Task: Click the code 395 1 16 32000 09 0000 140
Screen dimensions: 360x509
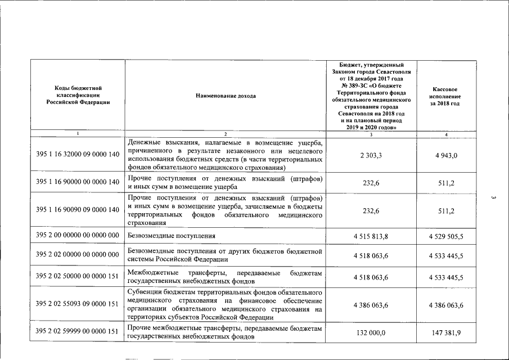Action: click(x=78, y=155)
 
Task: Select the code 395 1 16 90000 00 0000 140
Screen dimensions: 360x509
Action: click(x=78, y=182)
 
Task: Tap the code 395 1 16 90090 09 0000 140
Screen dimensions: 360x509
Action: click(x=78, y=210)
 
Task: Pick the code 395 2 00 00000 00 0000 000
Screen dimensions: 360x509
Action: click(x=78, y=236)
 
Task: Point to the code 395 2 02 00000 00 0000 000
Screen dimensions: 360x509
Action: click(x=78, y=255)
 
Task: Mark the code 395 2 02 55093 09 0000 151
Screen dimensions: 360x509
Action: click(x=78, y=304)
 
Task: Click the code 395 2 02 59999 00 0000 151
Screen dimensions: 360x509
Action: click(x=78, y=332)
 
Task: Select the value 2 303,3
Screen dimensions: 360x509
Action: click(x=371, y=155)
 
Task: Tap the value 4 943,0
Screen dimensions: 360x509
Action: click(x=446, y=155)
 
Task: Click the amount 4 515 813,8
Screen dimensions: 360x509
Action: click(x=371, y=236)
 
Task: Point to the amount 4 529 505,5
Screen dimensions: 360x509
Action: click(x=446, y=236)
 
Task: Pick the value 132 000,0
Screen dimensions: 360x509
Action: click(x=371, y=333)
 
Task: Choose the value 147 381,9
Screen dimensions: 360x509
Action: click(x=446, y=333)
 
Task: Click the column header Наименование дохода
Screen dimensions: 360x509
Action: click(x=226, y=96)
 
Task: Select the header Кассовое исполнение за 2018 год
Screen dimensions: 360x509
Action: click(x=446, y=96)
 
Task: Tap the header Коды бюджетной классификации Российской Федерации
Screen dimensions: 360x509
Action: click(x=78, y=95)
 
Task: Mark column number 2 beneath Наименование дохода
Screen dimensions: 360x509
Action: click(x=226, y=134)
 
